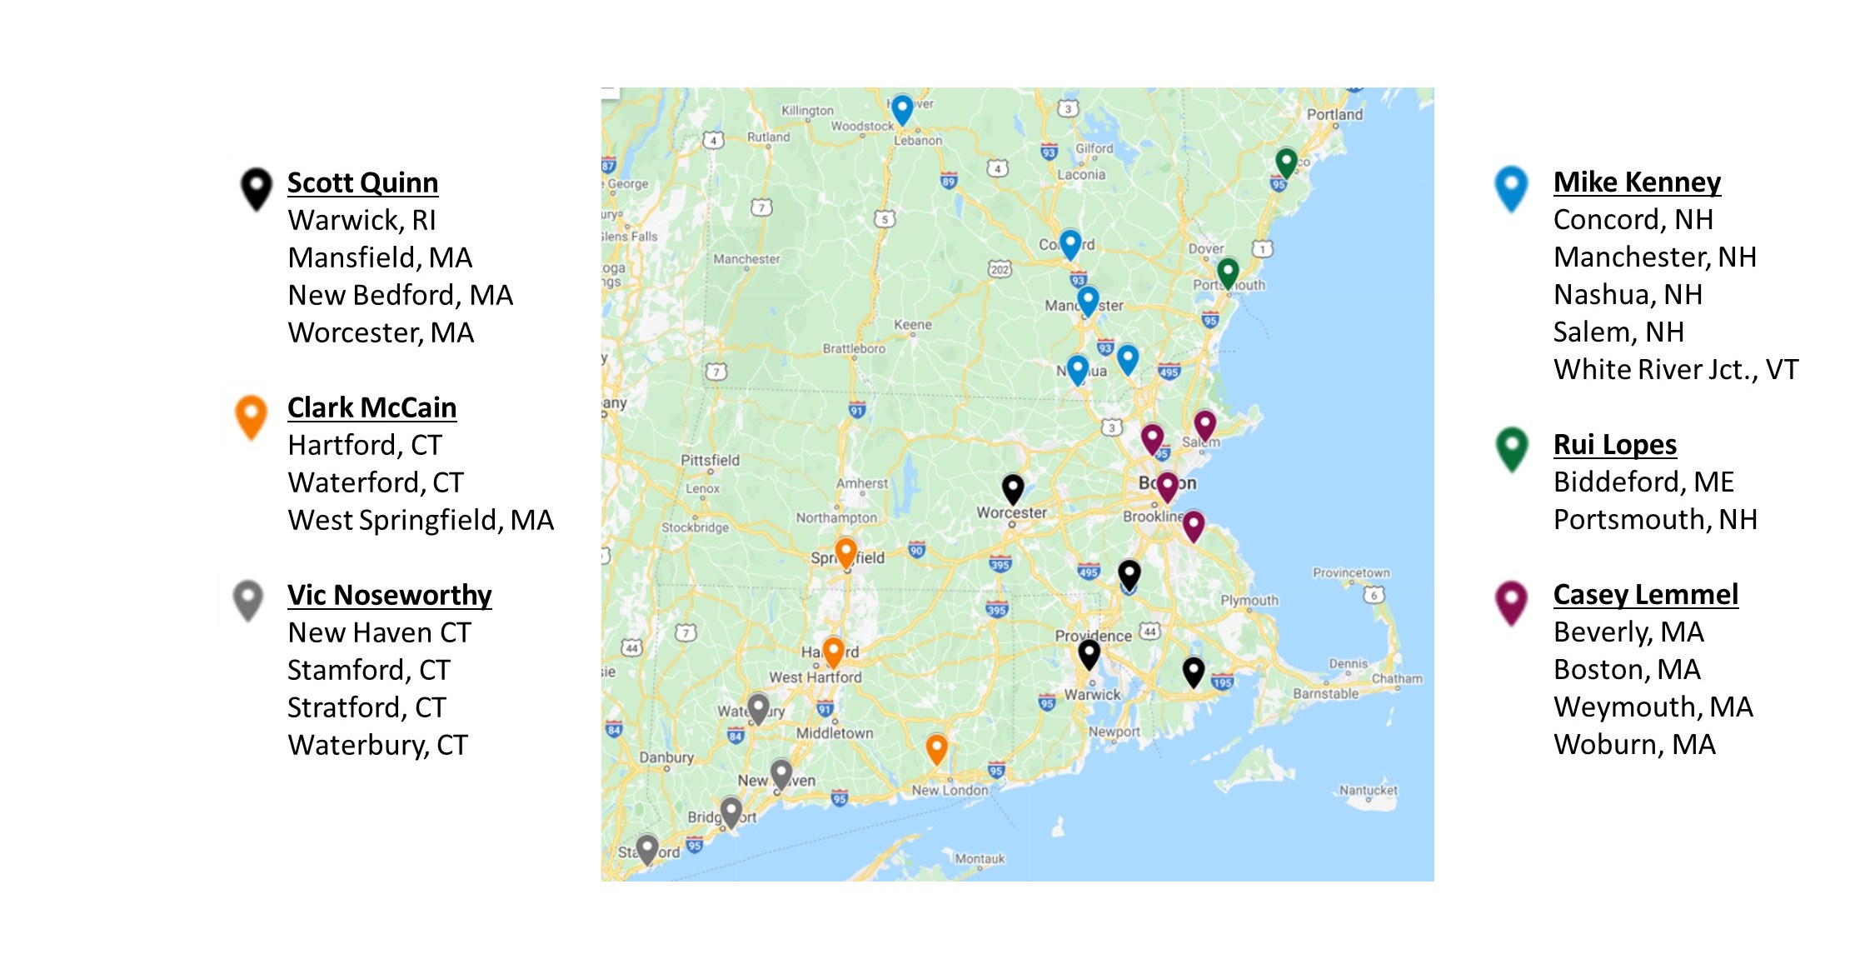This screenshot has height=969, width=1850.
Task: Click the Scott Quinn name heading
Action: click(x=362, y=182)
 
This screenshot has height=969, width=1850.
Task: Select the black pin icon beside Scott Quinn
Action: click(x=256, y=187)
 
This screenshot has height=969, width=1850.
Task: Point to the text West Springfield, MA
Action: click(x=421, y=520)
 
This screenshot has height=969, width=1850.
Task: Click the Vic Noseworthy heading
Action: click(x=389, y=595)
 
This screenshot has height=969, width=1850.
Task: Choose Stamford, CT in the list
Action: click(x=368, y=670)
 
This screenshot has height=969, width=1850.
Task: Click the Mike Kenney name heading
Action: click(x=1637, y=182)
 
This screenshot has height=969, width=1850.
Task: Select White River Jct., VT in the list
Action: click(x=1675, y=369)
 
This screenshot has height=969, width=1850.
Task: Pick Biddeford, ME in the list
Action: click(x=1643, y=482)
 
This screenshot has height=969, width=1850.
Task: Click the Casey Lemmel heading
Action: click(x=1645, y=594)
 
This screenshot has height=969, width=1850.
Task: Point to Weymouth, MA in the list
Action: click(x=1653, y=707)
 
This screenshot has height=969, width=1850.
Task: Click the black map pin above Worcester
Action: click(x=1012, y=487)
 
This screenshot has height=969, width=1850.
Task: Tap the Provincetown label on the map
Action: click(x=1351, y=572)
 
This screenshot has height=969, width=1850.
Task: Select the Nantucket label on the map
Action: click(x=1368, y=790)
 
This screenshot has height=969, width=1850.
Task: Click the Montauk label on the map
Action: click(x=980, y=858)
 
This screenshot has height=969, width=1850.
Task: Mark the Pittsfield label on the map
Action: click(x=710, y=460)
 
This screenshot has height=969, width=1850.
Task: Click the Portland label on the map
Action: click(x=1334, y=114)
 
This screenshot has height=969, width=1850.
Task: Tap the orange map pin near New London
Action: click(x=936, y=747)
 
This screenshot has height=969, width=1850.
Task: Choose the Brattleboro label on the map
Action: click(x=854, y=348)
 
